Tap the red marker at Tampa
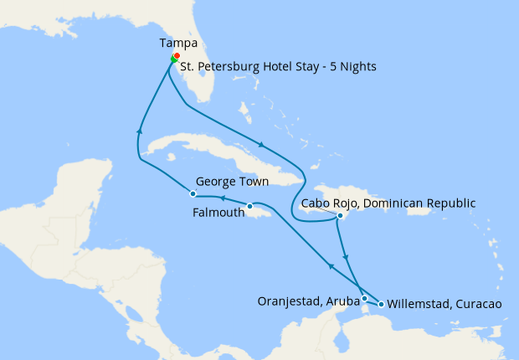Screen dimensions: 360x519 [x=177, y=56]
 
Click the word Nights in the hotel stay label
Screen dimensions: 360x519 [x=357, y=66]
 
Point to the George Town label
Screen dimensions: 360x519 [x=232, y=181]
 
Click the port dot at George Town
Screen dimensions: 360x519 [x=193, y=194]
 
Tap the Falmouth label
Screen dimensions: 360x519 [x=218, y=213]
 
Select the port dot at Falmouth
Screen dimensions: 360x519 [x=249, y=206]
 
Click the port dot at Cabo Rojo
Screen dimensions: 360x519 [x=340, y=216]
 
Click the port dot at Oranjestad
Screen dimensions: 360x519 [x=364, y=298]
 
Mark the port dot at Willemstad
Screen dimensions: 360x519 [x=382, y=304]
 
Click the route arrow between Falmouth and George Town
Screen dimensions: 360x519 [x=223, y=198]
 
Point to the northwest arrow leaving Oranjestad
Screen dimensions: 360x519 [x=330, y=266]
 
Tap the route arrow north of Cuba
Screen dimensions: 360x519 [x=263, y=144]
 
